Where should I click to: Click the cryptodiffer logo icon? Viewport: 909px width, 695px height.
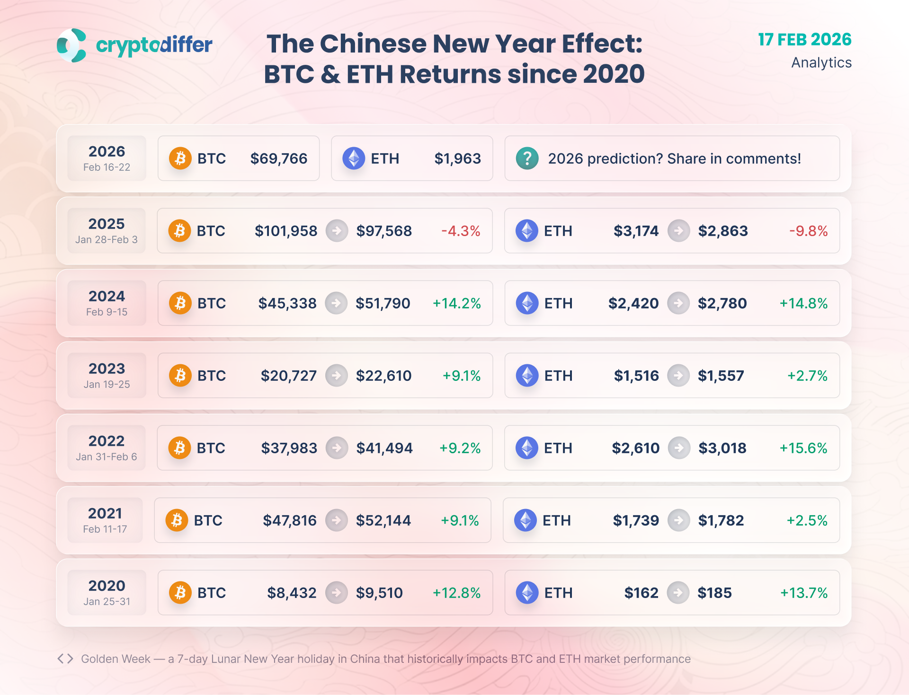[x=71, y=45]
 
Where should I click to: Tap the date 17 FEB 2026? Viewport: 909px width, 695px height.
[x=804, y=40]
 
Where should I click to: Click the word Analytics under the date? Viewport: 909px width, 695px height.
[x=821, y=62]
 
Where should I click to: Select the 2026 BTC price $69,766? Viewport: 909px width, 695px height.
[x=278, y=158]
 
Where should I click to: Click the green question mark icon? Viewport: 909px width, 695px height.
[x=527, y=158]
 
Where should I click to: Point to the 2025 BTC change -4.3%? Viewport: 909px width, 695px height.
[x=461, y=231]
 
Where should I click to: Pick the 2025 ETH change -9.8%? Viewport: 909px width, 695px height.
[x=808, y=231]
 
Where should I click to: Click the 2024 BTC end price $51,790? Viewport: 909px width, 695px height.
[x=383, y=303]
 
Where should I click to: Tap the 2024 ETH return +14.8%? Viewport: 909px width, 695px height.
[x=803, y=303]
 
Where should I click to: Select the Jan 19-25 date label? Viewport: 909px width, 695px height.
[x=107, y=384]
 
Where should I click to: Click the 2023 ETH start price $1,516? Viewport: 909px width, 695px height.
[x=636, y=376]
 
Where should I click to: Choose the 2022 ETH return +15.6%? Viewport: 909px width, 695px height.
[x=803, y=448]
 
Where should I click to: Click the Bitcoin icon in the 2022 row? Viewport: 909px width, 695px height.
[x=180, y=448]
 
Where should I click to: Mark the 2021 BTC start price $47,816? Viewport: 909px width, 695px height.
[x=289, y=520]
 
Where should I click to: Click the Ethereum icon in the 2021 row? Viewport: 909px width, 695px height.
[x=526, y=520]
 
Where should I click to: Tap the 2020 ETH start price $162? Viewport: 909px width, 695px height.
[x=641, y=593]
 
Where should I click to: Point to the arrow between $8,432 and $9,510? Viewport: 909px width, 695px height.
[x=337, y=593]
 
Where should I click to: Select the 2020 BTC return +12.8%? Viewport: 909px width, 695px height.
[x=456, y=593]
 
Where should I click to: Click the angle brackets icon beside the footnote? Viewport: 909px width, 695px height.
[x=65, y=659]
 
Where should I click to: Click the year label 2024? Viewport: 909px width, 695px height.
[x=107, y=296]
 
